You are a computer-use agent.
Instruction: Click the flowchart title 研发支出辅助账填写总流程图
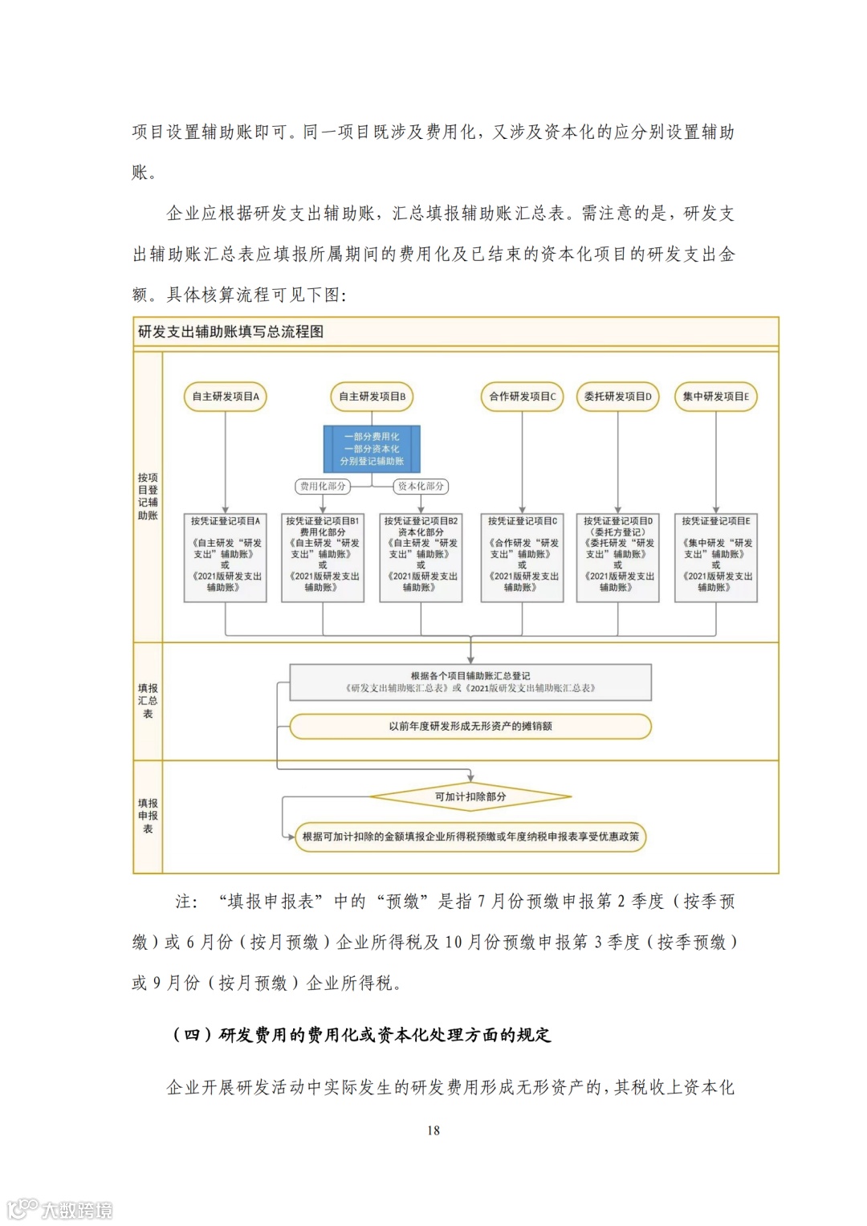(x=231, y=332)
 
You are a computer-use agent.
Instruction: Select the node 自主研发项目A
(x=226, y=397)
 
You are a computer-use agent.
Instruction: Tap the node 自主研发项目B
(x=372, y=397)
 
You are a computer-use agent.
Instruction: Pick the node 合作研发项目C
(x=523, y=397)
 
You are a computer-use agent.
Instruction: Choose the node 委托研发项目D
(x=618, y=397)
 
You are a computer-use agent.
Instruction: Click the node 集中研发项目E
(x=716, y=397)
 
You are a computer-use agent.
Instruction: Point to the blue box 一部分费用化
(x=372, y=449)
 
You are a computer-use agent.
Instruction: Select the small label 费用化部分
(x=323, y=487)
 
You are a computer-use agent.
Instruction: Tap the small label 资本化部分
(x=421, y=487)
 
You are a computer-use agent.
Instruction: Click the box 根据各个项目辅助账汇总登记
(x=470, y=682)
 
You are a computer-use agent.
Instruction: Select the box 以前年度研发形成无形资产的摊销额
(x=470, y=727)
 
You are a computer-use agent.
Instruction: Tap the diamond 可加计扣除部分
(x=470, y=797)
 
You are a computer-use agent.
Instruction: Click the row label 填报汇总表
(x=148, y=701)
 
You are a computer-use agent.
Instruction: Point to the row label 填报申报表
(x=148, y=816)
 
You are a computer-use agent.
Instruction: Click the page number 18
(x=433, y=1130)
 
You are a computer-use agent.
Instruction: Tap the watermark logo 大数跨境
(x=61, y=1209)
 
